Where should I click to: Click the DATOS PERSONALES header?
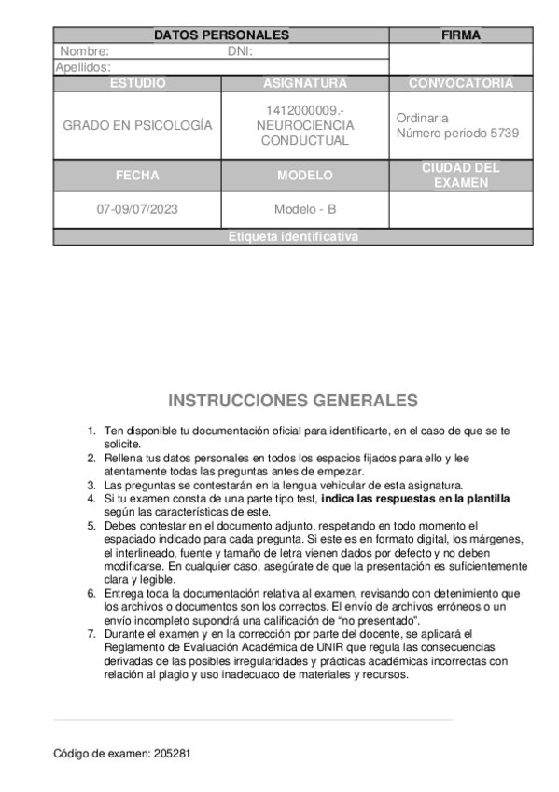[221, 35]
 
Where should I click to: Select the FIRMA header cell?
[460, 35]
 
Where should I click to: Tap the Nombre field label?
[85, 51]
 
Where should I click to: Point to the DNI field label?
[241, 51]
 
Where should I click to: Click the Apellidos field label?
[84, 67]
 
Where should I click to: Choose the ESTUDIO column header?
[137, 83]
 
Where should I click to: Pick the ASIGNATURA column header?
[304, 83]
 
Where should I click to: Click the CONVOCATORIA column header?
[460, 83]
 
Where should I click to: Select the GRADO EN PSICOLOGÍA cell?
[137, 125]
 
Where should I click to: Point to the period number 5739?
[504, 133]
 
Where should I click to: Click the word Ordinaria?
[422, 119]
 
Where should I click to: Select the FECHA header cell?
[137, 175]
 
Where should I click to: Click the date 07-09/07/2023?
[137, 209]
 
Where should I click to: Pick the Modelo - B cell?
[304, 209]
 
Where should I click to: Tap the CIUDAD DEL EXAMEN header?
[460, 175]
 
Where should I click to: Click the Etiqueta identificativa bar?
[292, 237]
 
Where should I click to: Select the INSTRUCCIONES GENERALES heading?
[293, 401]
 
